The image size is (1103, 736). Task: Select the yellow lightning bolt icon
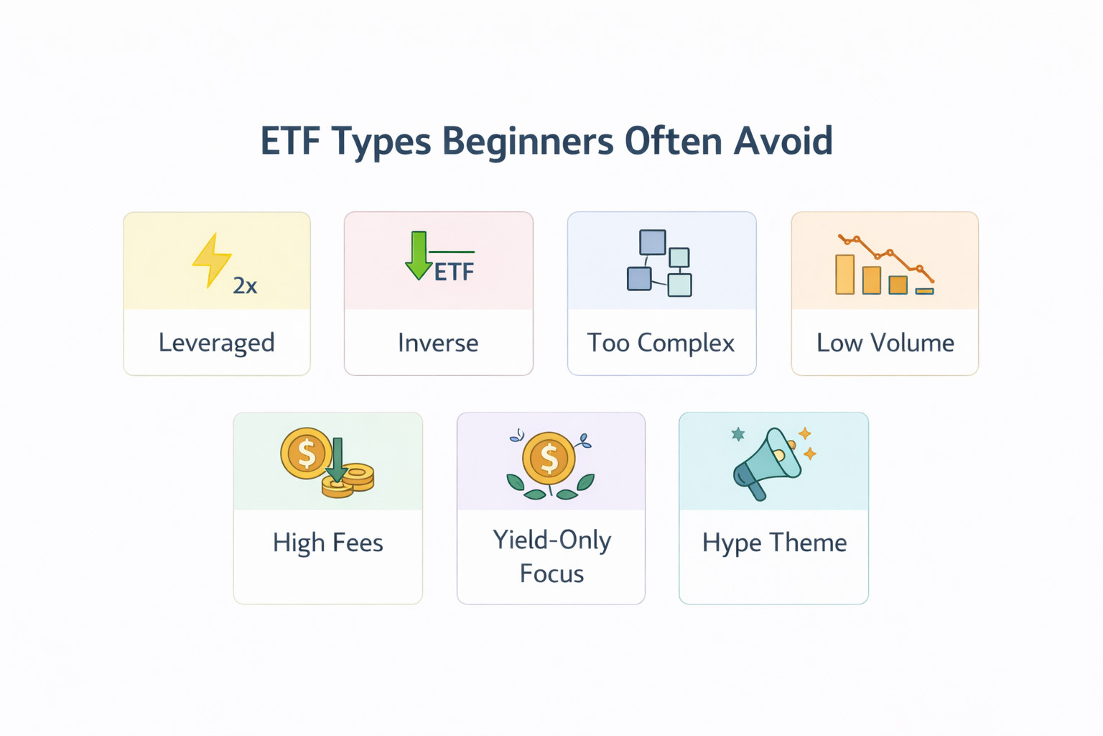click(x=211, y=259)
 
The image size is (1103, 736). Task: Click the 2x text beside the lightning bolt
click(x=245, y=286)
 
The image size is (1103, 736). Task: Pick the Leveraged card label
click(x=216, y=343)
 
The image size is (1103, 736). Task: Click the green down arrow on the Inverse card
click(x=419, y=256)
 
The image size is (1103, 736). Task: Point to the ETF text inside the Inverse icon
click(x=455, y=272)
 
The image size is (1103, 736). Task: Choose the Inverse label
click(x=438, y=343)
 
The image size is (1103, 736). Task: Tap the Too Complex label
click(x=661, y=343)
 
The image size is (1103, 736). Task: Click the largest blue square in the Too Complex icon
click(x=652, y=243)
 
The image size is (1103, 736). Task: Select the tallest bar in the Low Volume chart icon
click(x=844, y=275)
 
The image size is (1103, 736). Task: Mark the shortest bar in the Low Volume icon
click(x=924, y=291)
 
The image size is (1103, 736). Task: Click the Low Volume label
click(x=885, y=343)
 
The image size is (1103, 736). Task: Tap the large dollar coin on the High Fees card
click(x=307, y=454)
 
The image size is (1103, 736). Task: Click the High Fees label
click(x=327, y=543)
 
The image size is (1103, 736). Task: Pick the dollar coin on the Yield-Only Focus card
click(x=549, y=458)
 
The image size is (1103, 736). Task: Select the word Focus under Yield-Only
click(x=551, y=574)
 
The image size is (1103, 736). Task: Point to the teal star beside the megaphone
click(x=737, y=434)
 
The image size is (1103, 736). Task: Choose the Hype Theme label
click(x=774, y=543)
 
